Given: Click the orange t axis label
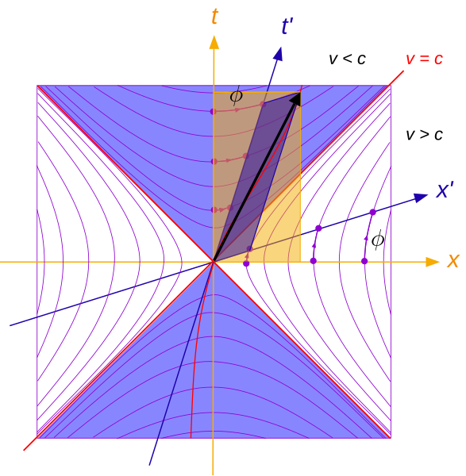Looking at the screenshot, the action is click(x=215, y=17).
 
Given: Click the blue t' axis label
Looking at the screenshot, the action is click(x=287, y=26).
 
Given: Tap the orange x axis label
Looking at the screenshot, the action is click(x=453, y=261).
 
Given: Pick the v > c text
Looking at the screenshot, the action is click(x=425, y=135).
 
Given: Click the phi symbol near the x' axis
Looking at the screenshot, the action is click(x=378, y=240).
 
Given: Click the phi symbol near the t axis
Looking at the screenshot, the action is click(x=237, y=96).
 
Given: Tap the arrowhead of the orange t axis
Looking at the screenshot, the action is click(x=214, y=42).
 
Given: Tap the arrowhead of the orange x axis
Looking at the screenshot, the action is click(x=433, y=262).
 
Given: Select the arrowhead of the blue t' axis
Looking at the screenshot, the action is click(x=278, y=54).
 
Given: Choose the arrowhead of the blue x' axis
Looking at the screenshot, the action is click(x=422, y=198).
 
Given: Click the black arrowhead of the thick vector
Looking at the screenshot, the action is click(x=296, y=98).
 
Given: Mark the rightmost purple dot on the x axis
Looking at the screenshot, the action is click(x=364, y=261).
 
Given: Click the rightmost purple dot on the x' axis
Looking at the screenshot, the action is click(x=373, y=212).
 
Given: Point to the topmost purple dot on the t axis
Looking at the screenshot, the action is click(x=214, y=111).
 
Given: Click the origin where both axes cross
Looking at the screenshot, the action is click(x=214, y=262).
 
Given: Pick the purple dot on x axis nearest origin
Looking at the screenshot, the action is click(x=246, y=263).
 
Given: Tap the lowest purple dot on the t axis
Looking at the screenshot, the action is click(x=214, y=209).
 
